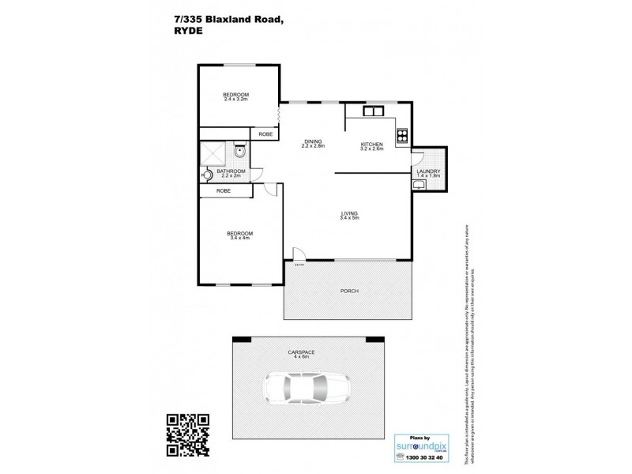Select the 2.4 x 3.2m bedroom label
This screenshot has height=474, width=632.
tap(235, 97)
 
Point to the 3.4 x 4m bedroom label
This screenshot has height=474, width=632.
tap(239, 235)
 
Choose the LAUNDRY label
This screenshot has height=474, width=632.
tap(428, 173)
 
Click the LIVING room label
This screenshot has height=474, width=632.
tap(349, 215)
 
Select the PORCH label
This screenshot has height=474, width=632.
tap(349, 291)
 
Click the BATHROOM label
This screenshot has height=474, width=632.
tap(231, 172)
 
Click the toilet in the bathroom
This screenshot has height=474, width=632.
tap(239, 150)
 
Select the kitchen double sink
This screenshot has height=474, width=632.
tap(371, 111)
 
